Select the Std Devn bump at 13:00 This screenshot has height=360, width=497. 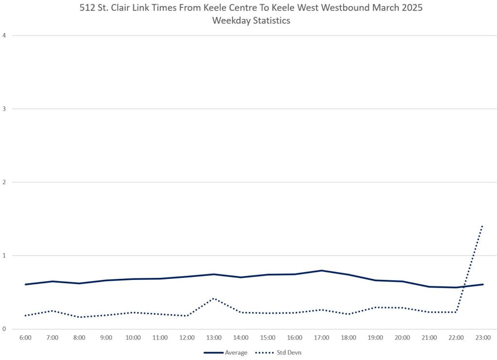click(x=214, y=298)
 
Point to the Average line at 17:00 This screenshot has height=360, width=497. click(x=321, y=271)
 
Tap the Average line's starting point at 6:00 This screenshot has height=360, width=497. click(x=26, y=284)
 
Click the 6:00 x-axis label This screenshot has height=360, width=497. click(x=26, y=337)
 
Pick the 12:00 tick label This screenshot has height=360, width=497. click(x=187, y=337)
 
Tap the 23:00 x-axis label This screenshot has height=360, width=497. click(x=482, y=337)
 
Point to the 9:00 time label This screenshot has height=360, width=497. click(x=106, y=337)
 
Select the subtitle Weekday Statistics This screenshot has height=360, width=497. click(x=248, y=20)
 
